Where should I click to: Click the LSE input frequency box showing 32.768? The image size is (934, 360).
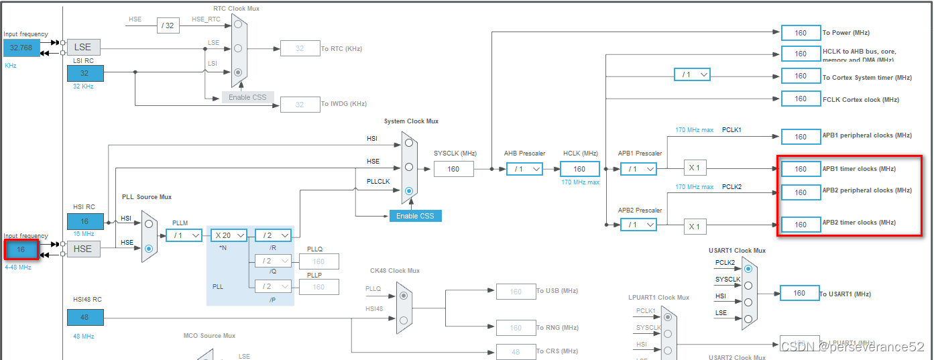[21, 48]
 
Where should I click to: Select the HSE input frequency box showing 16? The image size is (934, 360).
[21, 249]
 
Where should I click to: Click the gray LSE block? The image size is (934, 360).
[82, 47]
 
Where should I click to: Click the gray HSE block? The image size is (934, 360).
[82, 249]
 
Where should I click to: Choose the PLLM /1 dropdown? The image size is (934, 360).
[184, 235]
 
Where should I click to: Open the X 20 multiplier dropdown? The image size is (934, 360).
[229, 235]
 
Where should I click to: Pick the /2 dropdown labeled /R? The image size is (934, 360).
[273, 235]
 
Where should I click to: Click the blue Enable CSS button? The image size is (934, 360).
[415, 216]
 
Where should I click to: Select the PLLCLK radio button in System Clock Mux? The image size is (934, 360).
[409, 191]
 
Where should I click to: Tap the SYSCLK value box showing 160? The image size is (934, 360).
[453, 169]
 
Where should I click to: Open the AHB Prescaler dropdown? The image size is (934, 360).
[524, 169]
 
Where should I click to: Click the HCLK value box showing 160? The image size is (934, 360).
[579, 169]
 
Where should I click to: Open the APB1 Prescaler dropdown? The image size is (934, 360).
[638, 169]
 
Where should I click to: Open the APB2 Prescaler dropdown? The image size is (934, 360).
[638, 225]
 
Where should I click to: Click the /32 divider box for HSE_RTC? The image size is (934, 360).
[167, 25]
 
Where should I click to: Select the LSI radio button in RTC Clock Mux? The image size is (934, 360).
[238, 72]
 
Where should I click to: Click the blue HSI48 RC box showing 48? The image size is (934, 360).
[85, 317]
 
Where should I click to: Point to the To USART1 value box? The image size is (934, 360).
[799, 293]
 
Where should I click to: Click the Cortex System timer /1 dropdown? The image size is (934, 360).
[692, 74]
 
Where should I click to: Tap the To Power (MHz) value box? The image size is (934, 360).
[801, 33]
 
